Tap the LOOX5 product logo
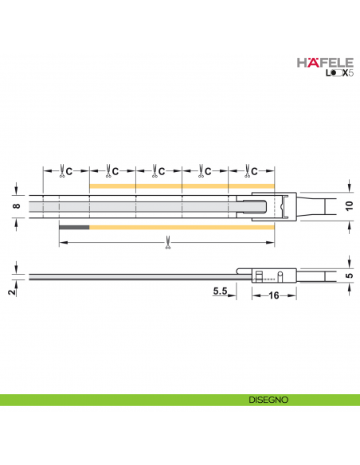[328, 75]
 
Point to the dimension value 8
[17, 206]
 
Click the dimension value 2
[11, 291]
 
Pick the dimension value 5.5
[221, 292]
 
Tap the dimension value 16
[272, 295]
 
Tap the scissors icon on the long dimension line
[167, 242]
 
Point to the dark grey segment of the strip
[74, 228]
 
